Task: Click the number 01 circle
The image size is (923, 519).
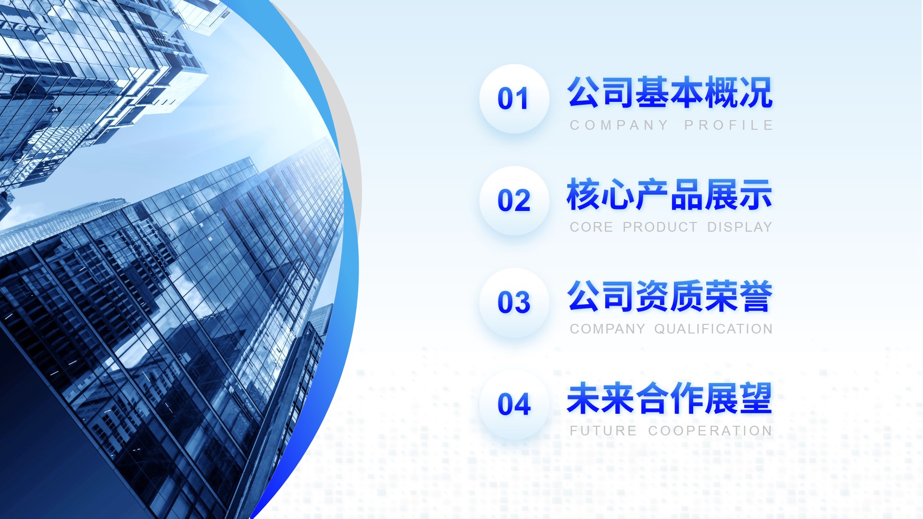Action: (x=514, y=99)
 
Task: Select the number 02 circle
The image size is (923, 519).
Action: (x=514, y=200)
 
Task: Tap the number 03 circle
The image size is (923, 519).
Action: (x=514, y=302)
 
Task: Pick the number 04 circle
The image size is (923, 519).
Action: (x=514, y=404)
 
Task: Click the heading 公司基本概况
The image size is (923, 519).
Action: (x=670, y=92)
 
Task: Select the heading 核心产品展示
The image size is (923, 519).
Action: (x=670, y=194)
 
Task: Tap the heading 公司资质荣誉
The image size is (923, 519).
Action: (x=670, y=296)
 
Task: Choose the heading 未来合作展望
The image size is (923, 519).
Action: (x=670, y=398)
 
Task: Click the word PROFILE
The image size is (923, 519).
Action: (x=728, y=125)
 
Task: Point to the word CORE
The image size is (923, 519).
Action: (x=591, y=227)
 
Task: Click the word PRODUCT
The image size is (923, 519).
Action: (x=660, y=227)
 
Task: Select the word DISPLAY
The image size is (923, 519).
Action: (x=739, y=227)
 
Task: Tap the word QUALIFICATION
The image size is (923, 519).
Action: (x=713, y=329)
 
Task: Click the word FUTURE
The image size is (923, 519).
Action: (x=603, y=431)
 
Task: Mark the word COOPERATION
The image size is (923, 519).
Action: (x=710, y=431)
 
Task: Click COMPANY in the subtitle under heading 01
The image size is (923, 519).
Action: (x=619, y=125)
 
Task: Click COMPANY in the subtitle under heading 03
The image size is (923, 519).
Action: (x=608, y=329)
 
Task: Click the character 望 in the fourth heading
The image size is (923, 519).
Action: (x=756, y=398)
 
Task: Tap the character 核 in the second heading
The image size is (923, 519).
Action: (x=584, y=194)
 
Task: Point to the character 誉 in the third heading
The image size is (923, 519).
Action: (x=756, y=296)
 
